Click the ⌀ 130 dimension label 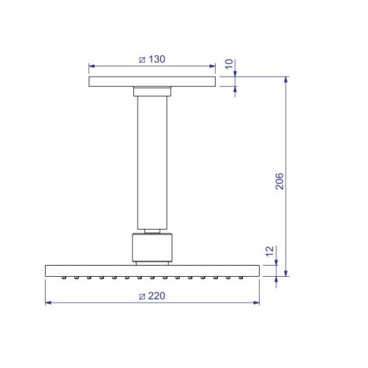tap(152, 60)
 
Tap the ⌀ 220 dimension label tap(152, 296)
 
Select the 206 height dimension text tap(280, 181)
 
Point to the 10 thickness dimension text tap(229, 64)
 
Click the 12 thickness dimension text tap(269, 251)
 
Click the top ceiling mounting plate tap(152, 82)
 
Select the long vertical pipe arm tap(152, 163)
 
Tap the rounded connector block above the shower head tap(152, 247)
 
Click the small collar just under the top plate tap(152, 91)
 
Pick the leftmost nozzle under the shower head tap(63, 277)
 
